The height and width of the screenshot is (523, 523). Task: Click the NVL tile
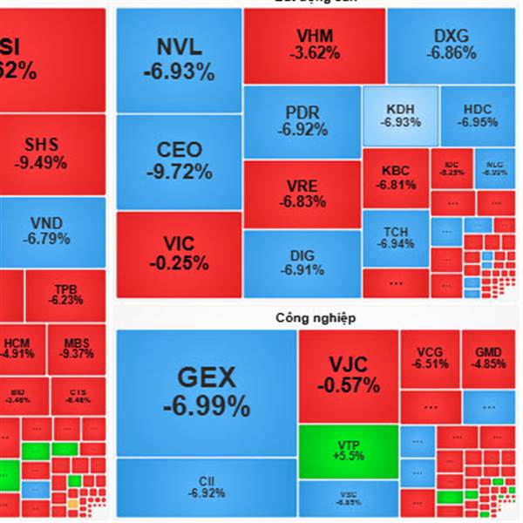click(179, 61)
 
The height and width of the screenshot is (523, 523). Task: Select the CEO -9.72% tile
click(179, 160)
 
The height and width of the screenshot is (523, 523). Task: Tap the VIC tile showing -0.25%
click(179, 253)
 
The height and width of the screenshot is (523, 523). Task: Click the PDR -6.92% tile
click(302, 122)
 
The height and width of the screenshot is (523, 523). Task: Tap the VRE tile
click(302, 194)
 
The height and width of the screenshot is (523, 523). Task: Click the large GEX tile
click(207, 392)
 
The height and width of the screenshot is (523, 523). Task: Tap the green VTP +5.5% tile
click(348, 450)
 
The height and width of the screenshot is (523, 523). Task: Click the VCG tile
click(430, 357)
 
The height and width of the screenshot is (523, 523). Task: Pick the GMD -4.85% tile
click(488, 357)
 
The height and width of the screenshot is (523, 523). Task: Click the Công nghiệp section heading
click(316, 318)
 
